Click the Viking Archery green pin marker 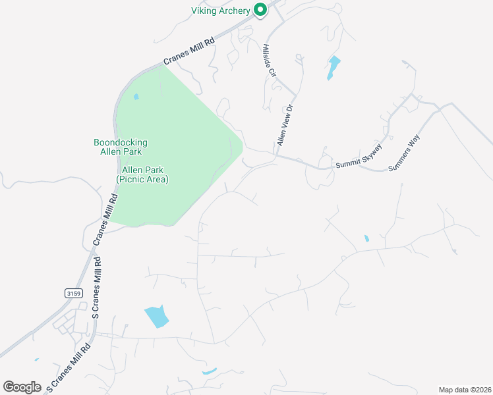click(260, 10)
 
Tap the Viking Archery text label click(221, 11)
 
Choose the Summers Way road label click(404, 153)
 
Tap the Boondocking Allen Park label click(121, 147)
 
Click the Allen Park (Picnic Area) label click(142, 174)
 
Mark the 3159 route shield click(73, 293)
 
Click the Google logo click(22, 386)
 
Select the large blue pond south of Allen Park click(157, 317)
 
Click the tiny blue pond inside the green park click(136, 97)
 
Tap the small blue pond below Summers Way click(366, 238)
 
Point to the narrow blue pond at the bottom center click(209, 372)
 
